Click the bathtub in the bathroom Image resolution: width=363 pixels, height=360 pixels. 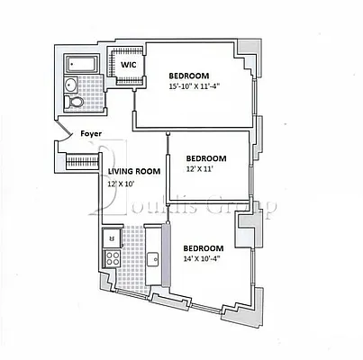(x=81, y=64)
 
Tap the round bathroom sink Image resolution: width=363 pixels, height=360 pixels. (x=72, y=85)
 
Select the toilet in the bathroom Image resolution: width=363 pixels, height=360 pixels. (x=77, y=102)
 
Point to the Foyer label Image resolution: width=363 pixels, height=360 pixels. (x=90, y=136)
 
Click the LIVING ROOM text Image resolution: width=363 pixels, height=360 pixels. (x=134, y=171)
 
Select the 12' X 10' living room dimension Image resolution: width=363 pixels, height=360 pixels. (x=123, y=184)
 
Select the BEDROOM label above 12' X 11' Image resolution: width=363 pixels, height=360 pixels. (x=206, y=157)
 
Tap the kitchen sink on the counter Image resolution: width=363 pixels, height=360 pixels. (x=154, y=260)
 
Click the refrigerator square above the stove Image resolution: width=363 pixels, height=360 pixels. (x=113, y=238)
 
